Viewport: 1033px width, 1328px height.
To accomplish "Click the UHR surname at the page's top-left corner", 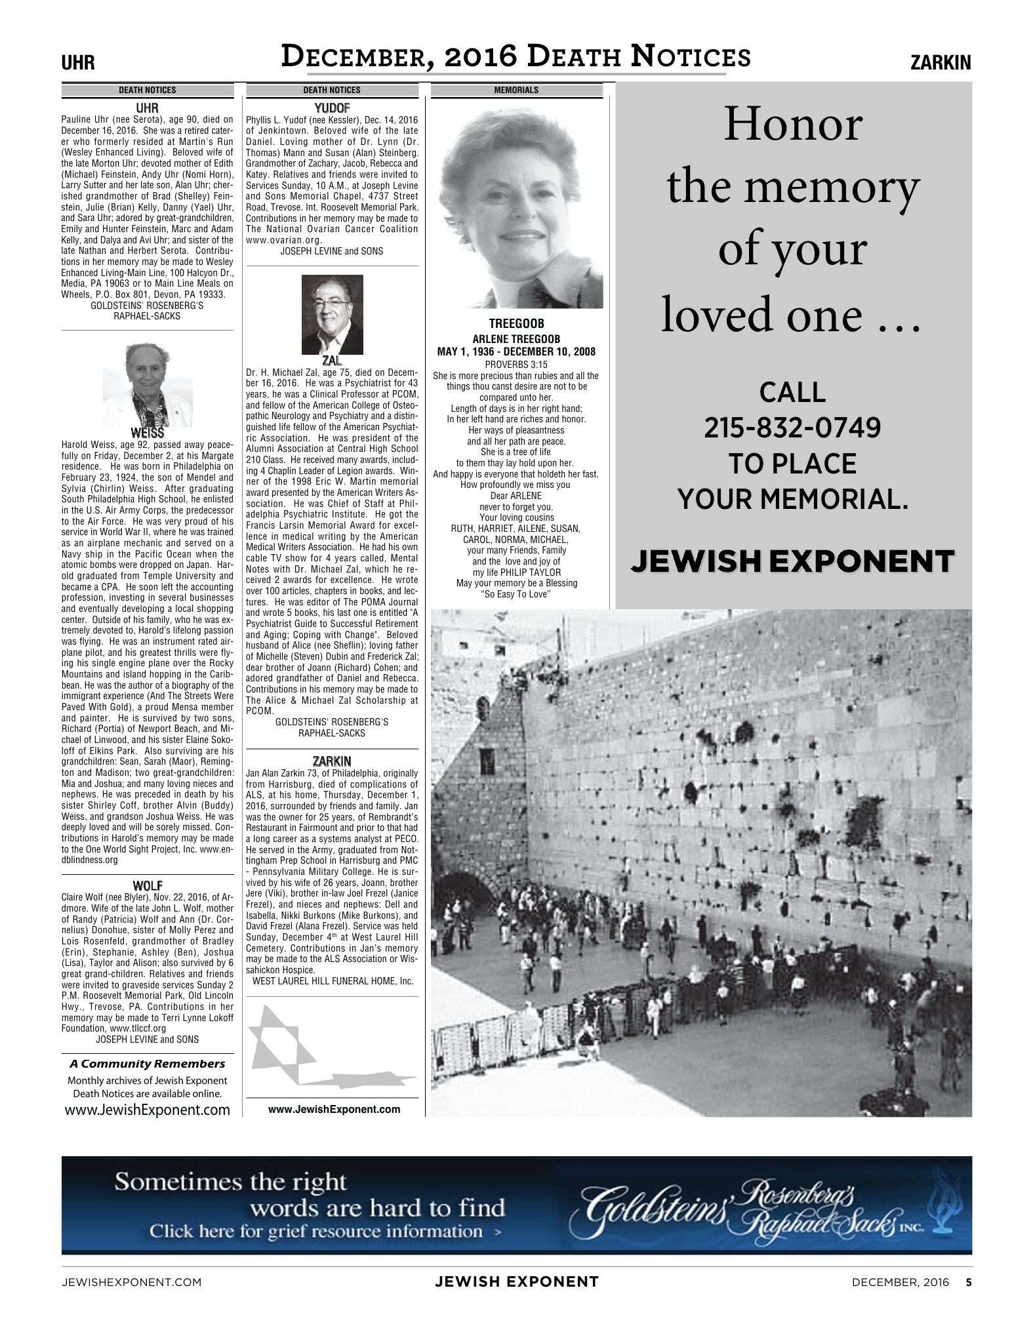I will pos(78,63).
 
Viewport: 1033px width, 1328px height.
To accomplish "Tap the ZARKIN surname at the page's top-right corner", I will pos(941,63).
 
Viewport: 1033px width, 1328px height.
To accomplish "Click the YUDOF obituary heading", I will pos(332,108).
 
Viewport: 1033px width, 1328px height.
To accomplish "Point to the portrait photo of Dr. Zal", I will pos(332,314).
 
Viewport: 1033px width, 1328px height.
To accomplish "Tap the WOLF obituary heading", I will pos(148,886).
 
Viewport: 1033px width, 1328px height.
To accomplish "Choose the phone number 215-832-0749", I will pos(792,428).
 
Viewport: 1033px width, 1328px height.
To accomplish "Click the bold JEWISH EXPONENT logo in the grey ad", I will pos(792,561).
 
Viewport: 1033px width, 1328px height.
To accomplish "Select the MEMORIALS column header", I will pos(516,91).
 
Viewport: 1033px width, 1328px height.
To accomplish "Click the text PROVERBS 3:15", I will pos(516,365).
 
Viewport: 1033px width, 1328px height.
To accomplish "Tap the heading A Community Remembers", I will pos(148,1064).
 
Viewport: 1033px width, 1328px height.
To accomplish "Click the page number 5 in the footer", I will pos(968,1281).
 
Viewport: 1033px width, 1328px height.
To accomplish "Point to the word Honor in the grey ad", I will pos(792,125).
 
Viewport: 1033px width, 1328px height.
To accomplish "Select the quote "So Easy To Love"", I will pos(516,594).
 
